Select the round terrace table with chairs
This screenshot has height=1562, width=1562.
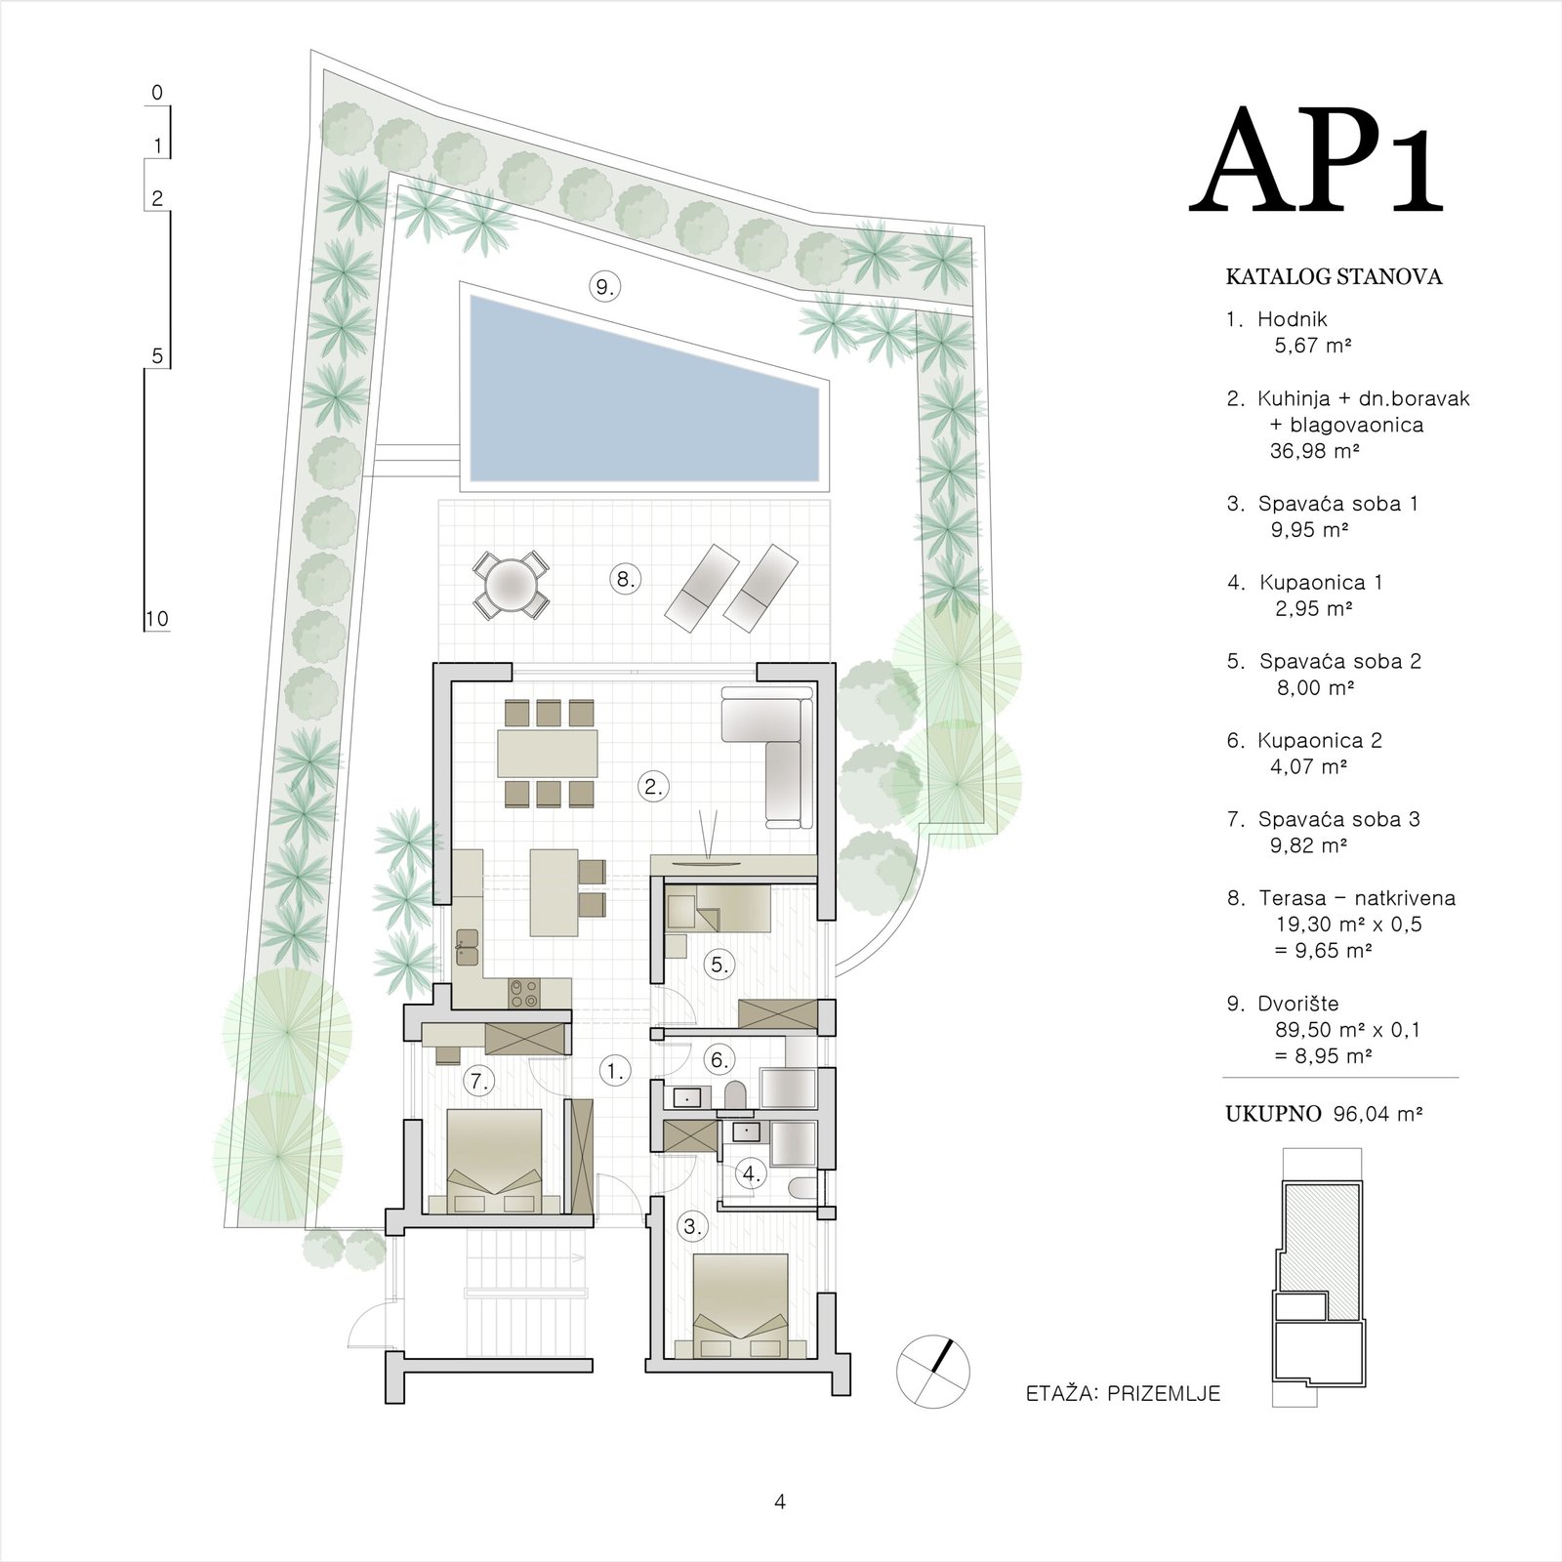(511, 585)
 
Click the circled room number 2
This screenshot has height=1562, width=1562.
(653, 786)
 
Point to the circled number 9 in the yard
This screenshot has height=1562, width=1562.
(605, 287)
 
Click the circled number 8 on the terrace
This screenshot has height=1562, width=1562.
(625, 579)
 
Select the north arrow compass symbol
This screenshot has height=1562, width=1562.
(933, 1371)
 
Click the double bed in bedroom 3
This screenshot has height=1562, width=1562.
(740, 1306)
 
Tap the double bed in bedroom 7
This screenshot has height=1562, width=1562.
(494, 1162)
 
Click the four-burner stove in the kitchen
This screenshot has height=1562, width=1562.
(524, 993)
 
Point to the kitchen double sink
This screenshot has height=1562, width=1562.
(467, 946)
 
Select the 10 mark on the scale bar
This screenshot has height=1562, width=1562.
(156, 618)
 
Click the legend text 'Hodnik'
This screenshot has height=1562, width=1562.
(1292, 318)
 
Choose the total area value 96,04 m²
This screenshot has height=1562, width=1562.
(1377, 1114)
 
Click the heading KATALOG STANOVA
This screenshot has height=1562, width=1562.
(1334, 276)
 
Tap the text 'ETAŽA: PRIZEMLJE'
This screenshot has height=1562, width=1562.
(1123, 1393)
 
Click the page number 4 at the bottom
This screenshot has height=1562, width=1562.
(779, 1501)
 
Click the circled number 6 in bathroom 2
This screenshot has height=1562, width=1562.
(719, 1059)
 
